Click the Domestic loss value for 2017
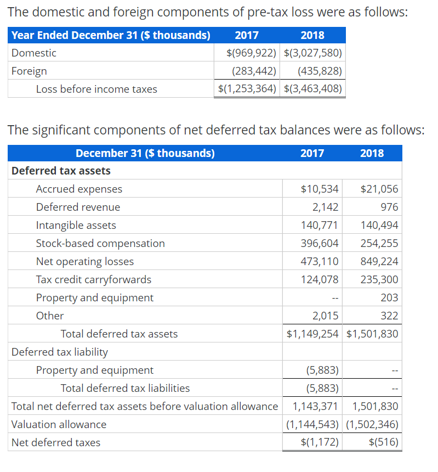[x=249, y=53]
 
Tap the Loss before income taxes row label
[x=96, y=89]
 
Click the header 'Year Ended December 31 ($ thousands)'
[x=111, y=35]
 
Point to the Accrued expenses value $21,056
[x=379, y=189]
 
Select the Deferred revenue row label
[x=78, y=207]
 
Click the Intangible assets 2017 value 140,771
[x=320, y=225]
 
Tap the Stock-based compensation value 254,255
[x=379, y=243]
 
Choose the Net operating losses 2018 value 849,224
[x=379, y=261]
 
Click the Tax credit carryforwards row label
[x=93, y=279]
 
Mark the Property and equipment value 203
[x=389, y=297]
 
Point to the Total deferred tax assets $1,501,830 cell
[x=373, y=334]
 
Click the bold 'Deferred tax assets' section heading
[x=61, y=171]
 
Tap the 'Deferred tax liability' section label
[x=60, y=352]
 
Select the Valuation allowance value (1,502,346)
[x=373, y=424]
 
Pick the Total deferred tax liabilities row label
[x=125, y=388]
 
